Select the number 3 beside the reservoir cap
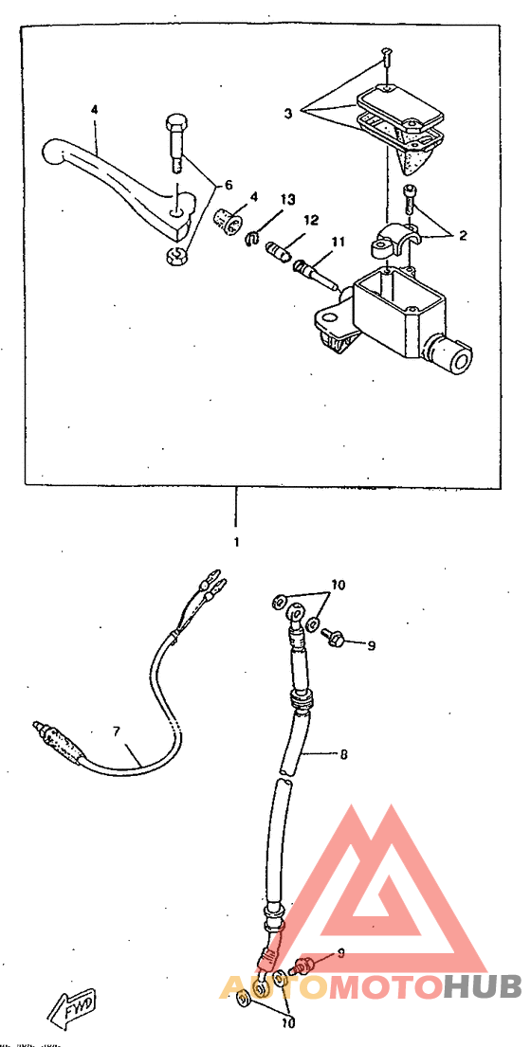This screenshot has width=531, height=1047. (288, 115)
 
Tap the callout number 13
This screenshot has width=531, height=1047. (287, 200)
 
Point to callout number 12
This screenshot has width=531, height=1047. (312, 220)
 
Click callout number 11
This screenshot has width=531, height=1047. (339, 242)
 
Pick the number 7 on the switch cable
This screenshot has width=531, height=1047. (116, 731)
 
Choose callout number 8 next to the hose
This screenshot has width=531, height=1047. (343, 755)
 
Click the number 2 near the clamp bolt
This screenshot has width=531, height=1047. (462, 235)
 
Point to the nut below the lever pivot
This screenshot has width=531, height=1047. (174, 254)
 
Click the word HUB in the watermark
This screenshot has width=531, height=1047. (483, 987)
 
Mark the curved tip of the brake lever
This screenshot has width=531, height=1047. (52, 153)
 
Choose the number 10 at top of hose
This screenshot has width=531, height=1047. (338, 586)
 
